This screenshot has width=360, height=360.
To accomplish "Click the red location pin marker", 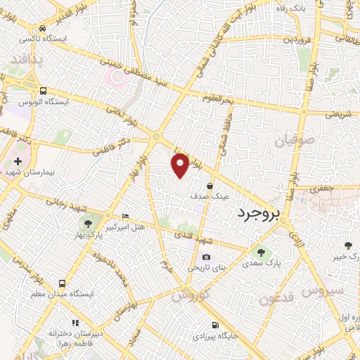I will tap(181, 165).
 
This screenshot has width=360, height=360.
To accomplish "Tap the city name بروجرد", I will tap(258, 212).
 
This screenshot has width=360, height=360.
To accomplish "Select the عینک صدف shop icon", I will tap(210, 186).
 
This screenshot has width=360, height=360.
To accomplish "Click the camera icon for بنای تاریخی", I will tap(205, 257).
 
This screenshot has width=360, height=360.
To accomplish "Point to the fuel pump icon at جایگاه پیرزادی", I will tap(214, 325).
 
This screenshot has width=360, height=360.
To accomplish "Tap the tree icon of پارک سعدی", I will tap(262, 252).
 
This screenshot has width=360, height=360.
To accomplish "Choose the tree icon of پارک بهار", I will tap(87, 224).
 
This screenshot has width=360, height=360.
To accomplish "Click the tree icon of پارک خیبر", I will tap(348, 245).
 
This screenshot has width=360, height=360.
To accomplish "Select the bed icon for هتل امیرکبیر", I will tap(125, 216).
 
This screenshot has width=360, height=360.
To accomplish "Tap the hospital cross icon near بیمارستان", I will tap(17, 162).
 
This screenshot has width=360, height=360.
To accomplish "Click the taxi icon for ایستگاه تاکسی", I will tap(44, 29).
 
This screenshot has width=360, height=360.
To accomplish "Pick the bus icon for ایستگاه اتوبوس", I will tap(44, 91).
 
